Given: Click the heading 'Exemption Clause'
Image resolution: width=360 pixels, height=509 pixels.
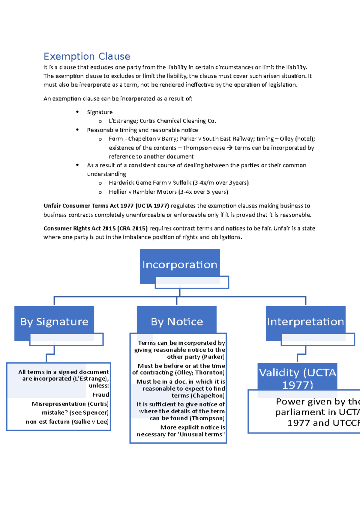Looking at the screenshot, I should [x=87, y=56].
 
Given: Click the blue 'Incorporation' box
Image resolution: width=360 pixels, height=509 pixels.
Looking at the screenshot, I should [x=180, y=265].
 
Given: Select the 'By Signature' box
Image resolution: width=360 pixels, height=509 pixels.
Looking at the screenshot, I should [x=54, y=322].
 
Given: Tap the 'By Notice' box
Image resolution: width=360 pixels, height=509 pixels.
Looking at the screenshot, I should [x=177, y=322].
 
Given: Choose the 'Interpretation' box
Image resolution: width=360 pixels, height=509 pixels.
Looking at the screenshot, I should [x=305, y=322].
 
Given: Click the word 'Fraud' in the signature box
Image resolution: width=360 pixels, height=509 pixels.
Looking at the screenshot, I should [x=100, y=395].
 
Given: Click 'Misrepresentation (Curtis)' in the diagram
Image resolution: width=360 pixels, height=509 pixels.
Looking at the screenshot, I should [x=70, y=404].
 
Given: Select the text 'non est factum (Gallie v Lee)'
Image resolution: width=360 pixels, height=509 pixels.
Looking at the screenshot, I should [x=67, y=422].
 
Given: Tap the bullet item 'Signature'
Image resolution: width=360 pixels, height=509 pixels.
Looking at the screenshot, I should [x=100, y=112].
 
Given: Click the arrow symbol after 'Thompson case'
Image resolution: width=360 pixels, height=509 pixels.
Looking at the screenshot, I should [x=229, y=148].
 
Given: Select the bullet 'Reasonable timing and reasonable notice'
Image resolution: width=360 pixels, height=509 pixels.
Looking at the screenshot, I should [x=142, y=130].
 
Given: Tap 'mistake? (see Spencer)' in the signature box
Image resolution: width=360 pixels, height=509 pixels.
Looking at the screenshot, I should [x=75, y=413].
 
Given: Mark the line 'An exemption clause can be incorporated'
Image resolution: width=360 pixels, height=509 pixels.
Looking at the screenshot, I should [x=118, y=99].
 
